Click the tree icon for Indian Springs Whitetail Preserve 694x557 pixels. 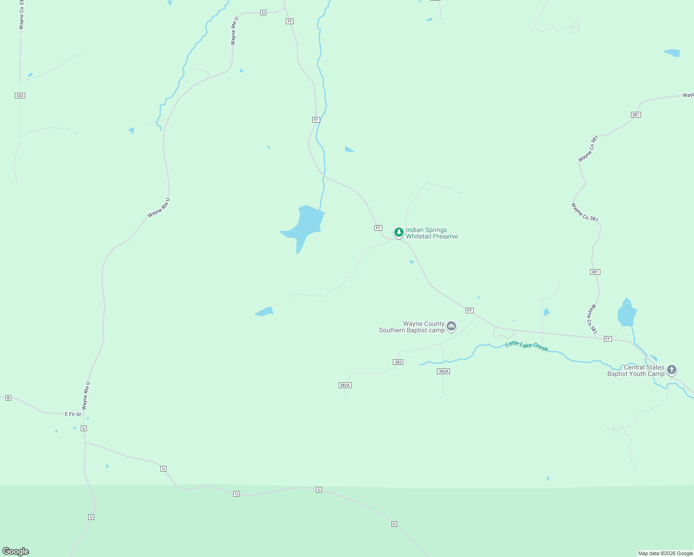point(398,232)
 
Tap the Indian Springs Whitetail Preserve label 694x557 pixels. point(432,233)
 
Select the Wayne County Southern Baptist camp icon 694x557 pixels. point(451,326)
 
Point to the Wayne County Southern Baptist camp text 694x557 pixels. point(412,327)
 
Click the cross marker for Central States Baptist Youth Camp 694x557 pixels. point(672,370)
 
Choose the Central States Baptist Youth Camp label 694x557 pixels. point(636,370)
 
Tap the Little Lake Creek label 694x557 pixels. point(527,346)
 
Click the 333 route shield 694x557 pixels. point(19,96)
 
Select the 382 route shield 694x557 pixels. point(398,362)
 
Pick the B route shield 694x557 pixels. point(8,398)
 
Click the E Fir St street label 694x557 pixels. point(73,414)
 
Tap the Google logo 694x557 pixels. point(16,551)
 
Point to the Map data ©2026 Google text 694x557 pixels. point(665,553)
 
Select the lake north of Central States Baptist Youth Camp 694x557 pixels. point(627,313)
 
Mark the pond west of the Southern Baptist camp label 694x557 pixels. point(265,311)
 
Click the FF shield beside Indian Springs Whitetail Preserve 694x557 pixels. point(378,228)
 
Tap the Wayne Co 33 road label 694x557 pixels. point(21,15)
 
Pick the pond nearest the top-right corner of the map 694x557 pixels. point(673,52)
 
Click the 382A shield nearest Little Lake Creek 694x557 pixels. point(443,371)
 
